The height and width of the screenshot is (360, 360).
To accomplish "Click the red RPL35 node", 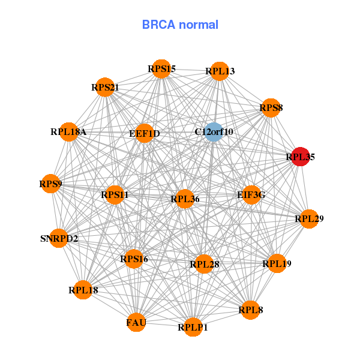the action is point(300,157).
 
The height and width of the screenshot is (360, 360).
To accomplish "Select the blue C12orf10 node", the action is point(214,131).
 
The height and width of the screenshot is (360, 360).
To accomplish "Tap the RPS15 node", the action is point(161,69).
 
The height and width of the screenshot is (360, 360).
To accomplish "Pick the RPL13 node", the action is point(220,71).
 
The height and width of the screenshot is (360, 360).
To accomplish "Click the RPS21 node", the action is point(105,87).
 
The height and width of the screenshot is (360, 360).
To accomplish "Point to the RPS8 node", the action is point(271,108).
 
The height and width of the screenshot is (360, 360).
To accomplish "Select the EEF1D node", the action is point(145,133).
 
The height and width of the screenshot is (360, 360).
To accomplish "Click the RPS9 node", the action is point(51,184).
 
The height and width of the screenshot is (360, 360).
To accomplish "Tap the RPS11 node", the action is point(115,194).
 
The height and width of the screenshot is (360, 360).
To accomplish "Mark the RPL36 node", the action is point(185,199).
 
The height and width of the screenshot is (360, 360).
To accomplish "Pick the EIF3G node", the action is point(251,194).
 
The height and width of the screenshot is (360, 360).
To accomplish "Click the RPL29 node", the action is point(309,219).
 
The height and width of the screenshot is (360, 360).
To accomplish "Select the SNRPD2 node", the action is point(59,238).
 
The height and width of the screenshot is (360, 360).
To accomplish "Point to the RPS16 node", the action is point(134,259).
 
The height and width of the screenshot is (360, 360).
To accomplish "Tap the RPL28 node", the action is point(204,263).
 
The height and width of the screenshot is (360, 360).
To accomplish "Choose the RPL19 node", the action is point(277,263).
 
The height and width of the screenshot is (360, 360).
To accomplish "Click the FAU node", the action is point(136,323).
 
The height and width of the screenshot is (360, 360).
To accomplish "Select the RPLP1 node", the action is point(193,327).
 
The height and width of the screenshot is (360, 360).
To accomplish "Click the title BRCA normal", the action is point(180,25).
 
